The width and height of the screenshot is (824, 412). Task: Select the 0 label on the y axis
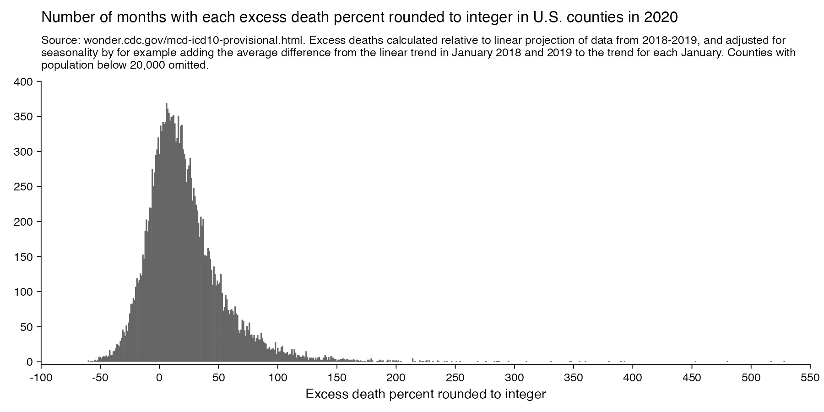point(31,362)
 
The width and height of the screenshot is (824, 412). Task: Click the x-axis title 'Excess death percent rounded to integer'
point(426,394)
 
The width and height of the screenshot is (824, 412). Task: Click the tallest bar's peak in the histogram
point(167,104)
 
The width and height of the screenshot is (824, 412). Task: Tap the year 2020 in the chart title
point(661,17)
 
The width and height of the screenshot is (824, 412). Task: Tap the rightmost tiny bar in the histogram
point(784,361)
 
